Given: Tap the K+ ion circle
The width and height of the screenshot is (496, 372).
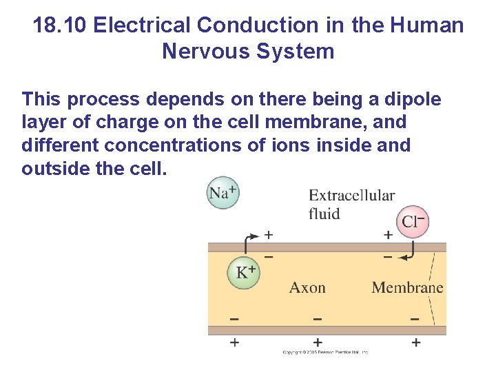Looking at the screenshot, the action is click(x=245, y=273).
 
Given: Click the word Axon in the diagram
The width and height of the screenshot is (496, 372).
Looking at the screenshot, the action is click(x=307, y=287).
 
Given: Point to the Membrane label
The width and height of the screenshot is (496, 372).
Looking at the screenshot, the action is click(x=407, y=287).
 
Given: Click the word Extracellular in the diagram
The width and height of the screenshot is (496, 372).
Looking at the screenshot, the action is click(x=351, y=196).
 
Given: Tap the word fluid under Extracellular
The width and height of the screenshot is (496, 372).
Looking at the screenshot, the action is click(x=324, y=214).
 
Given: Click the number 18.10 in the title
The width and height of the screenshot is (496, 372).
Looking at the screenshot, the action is click(x=60, y=26).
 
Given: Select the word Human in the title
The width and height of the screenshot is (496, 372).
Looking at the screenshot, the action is click(x=426, y=26).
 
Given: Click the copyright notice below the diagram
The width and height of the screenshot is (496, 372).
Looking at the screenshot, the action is click(x=325, y=352).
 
